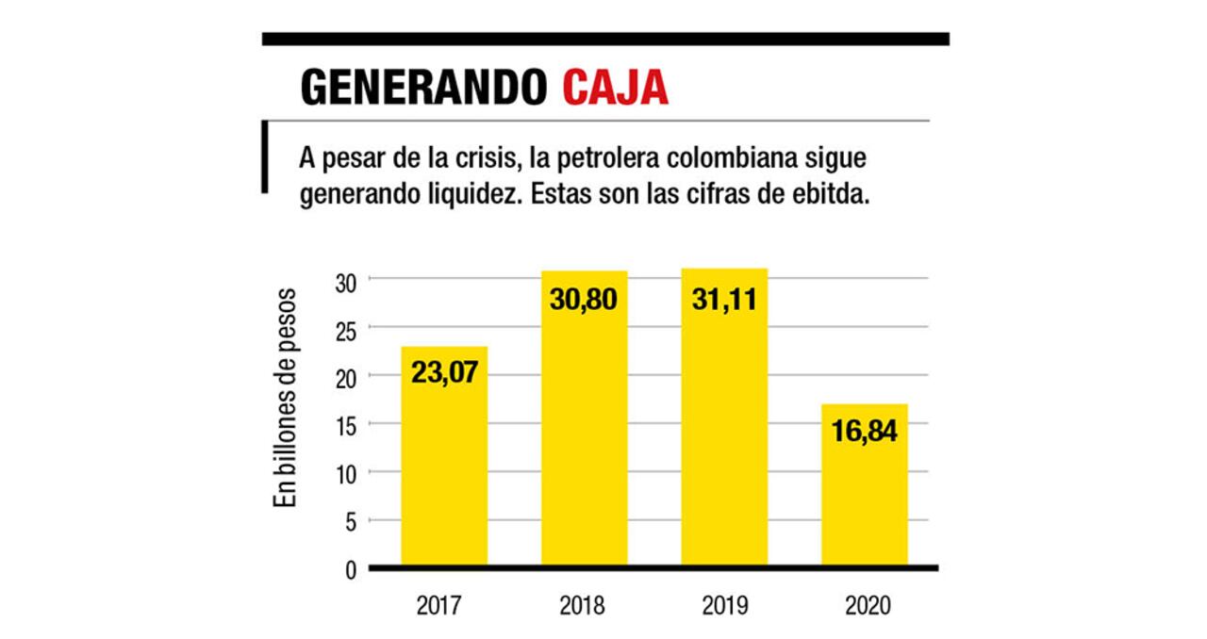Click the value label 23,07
(444, 371)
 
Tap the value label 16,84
(864, 431)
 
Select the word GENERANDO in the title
(423, 87)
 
